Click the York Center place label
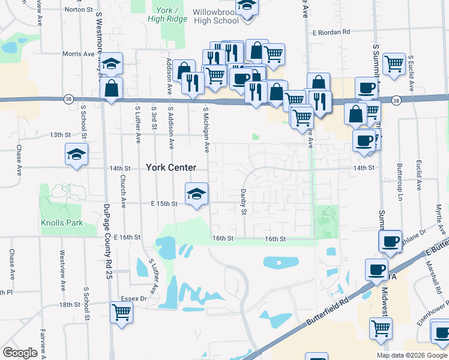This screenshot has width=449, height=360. click(171, 168)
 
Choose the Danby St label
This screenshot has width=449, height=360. click(244, 201)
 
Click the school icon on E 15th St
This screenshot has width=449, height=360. click(196, 194)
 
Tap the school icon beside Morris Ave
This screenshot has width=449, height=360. click(112, 64)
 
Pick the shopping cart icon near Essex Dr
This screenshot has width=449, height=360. click(121, 312)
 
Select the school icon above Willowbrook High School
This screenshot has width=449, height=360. click(245, 6)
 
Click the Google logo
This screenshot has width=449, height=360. click(20, 352)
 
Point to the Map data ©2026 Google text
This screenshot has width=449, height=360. click(411, 355)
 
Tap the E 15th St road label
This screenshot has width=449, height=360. click(164, 204)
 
